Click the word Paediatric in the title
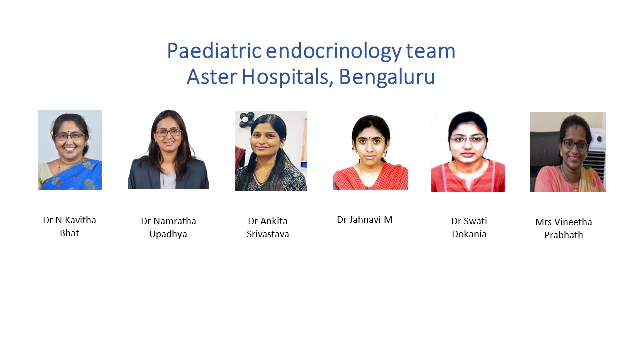coord(214,51)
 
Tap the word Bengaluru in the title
coord(387,77)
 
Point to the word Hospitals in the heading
coord(287,77)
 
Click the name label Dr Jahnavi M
coord(365,219)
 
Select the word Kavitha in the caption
coord(80,220)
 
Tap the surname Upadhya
coord(168,234)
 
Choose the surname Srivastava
coord(268,234)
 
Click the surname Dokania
coord(469,234)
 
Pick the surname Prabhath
coord(563,235)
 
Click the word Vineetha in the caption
coord(573,222)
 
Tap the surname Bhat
coord(69,233)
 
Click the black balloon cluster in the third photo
coord(246,119)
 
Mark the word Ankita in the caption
coord(273,221)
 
